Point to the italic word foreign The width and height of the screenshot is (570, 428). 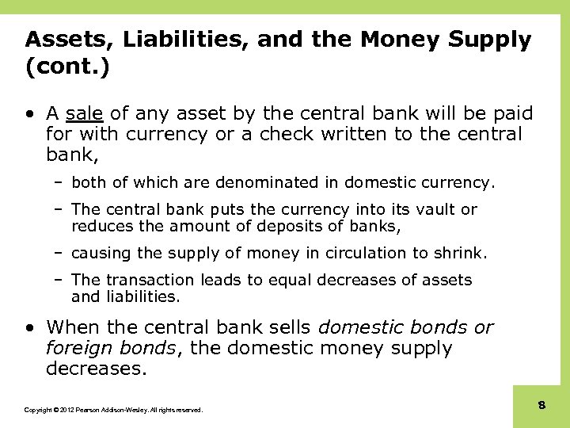coord(78,348)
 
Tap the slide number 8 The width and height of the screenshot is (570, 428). coord(541,405)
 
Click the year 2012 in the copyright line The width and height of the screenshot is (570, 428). coord(65,410)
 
